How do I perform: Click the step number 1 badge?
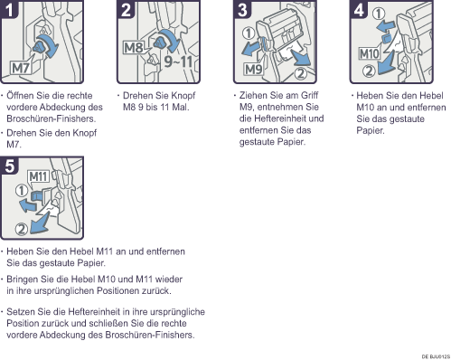pyautogui.click(x=8, y=9)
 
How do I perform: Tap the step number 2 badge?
pyautogui.click(x=126, y=9)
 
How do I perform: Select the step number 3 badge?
pyautogui.click(x=242, y=9)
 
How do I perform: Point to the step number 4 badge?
pyautogui.click(x=359, y=9)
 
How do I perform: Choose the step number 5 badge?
pyautogui.click(x=9, y=166)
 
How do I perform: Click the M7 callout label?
pyautogui.click(x=21, y=68)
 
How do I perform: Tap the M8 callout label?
pyautogui.click(x=134, y=48)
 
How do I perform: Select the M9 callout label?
pyautogui.click(x=253, y=70)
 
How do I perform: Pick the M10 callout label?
pyautogui.click(x=370, y=53)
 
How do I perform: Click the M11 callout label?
pyautogui.click(x=38, y=176)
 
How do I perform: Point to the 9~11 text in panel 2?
pyautogui.click(x=178, y=62)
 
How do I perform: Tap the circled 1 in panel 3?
pyautogui.click(x=249, y=33)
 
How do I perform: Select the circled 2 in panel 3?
pyautogui.click(x=300, y=73)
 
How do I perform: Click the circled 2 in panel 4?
pyautogui.click(x=369, y=71)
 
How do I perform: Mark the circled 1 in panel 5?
pyautogui.click(x=22, y=191)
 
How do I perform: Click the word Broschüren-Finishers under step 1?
pyautogui.click(x=51, y=118)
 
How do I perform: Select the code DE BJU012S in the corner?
pyautogui.click(x=436, y=356)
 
